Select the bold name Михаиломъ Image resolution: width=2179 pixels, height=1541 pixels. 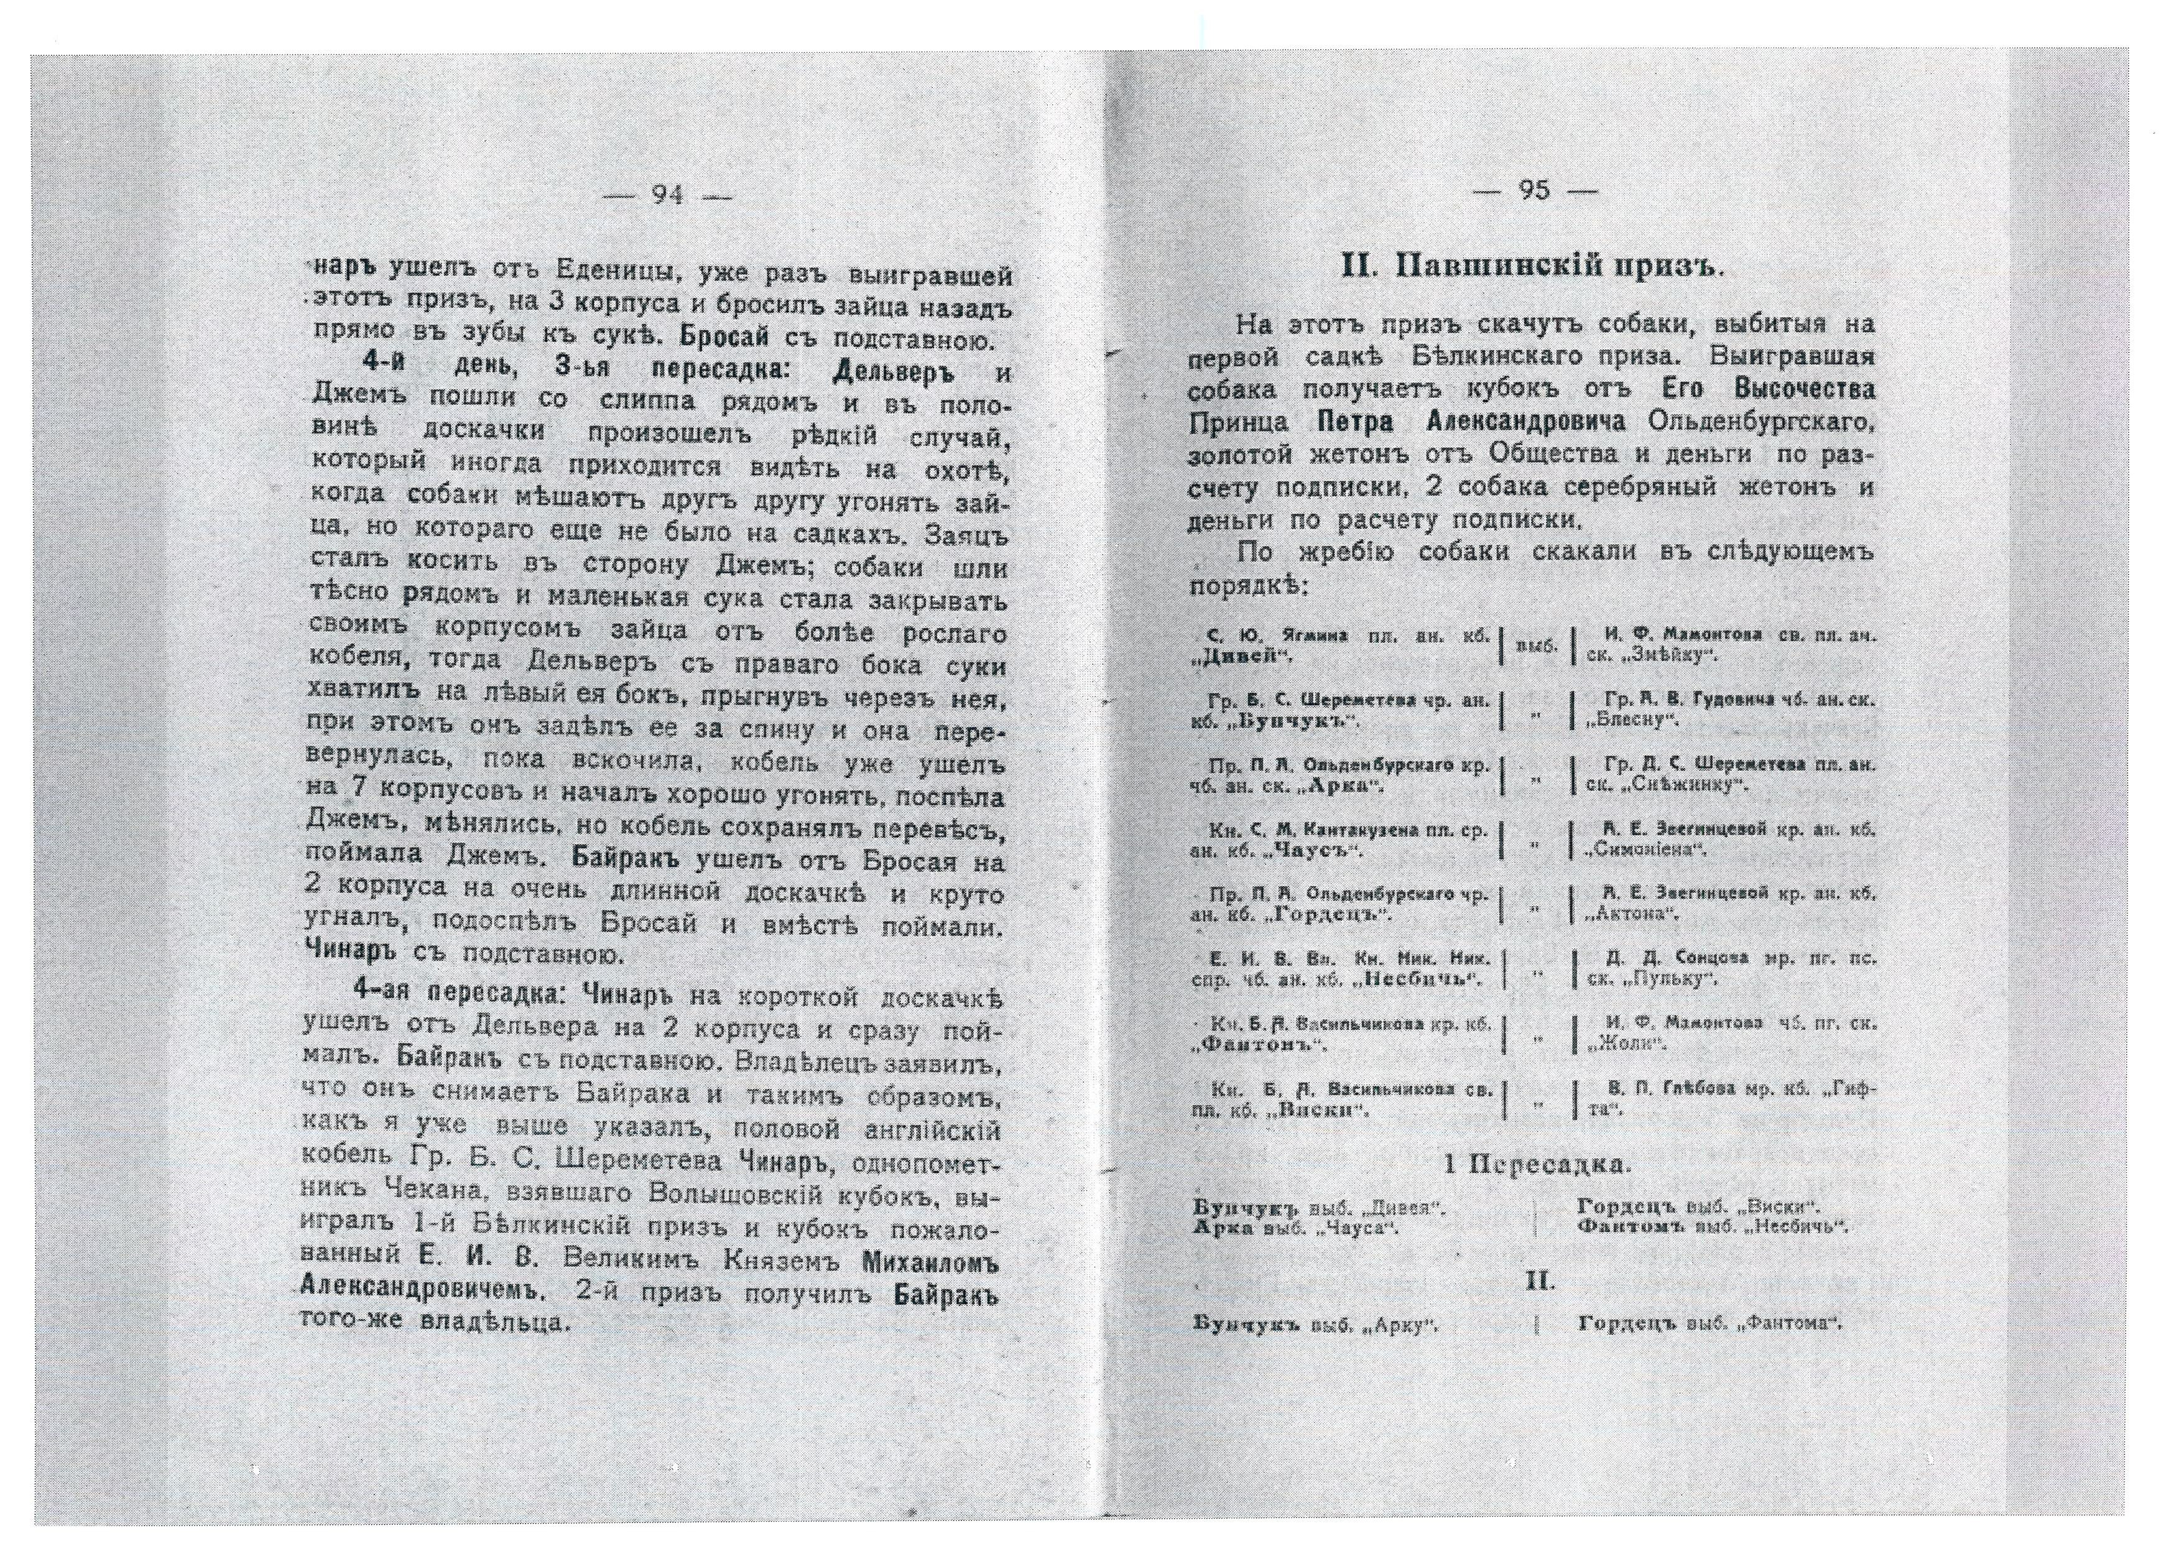(x=931, y=1264)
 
